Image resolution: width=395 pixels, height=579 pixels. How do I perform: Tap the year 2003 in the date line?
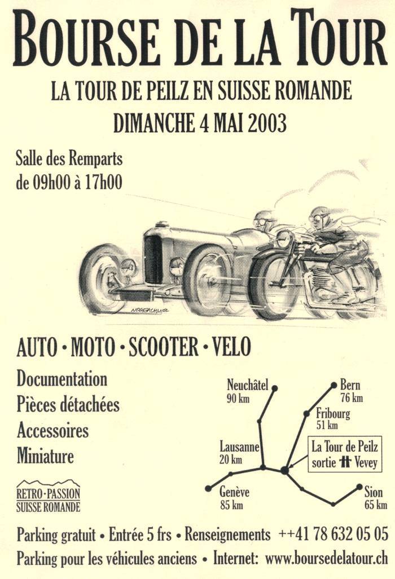click(x=267, y=123)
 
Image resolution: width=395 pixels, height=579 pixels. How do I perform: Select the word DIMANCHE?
click(x=153, y=123)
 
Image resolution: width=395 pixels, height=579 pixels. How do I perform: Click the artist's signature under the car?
click(x=150, y=311)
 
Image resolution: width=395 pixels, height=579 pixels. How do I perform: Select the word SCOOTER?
click(x=163, y=347)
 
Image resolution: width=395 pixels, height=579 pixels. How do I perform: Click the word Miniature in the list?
click(x=45, y=456)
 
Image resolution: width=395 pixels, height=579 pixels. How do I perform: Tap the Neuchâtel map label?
click(x=247, y=385)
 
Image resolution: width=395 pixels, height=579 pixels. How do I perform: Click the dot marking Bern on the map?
click(x=333, y=386)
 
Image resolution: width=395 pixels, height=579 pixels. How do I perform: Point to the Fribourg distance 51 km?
click(x=327, y=426)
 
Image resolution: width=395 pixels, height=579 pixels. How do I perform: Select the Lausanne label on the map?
click(x=239, y=447)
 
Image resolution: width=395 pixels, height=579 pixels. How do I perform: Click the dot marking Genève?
click(x=208, y=488)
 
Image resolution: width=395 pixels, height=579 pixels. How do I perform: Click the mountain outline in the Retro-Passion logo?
click(x=49, y=483)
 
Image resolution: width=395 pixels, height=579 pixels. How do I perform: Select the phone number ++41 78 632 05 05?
click(x=333, y=534)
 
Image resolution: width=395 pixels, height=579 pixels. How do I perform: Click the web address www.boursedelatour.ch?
click(x=327, y=558)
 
